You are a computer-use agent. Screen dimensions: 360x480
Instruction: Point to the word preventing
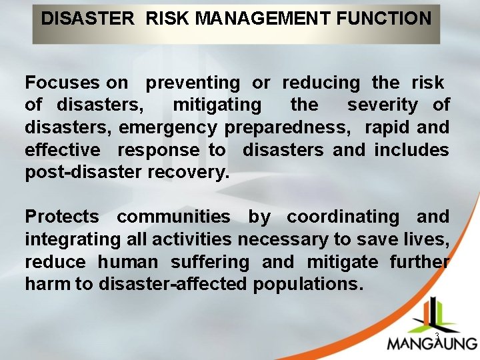point(193,83)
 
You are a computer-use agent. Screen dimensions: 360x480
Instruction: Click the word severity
point(383,105)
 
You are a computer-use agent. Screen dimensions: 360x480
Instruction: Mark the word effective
point(62,150)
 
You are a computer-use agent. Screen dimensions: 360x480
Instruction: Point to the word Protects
point(61,217)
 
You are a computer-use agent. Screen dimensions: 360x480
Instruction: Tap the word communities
point(173,217)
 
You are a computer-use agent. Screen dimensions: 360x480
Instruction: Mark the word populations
point(308,285)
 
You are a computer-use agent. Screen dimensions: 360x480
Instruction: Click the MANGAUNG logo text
point(432,343)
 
